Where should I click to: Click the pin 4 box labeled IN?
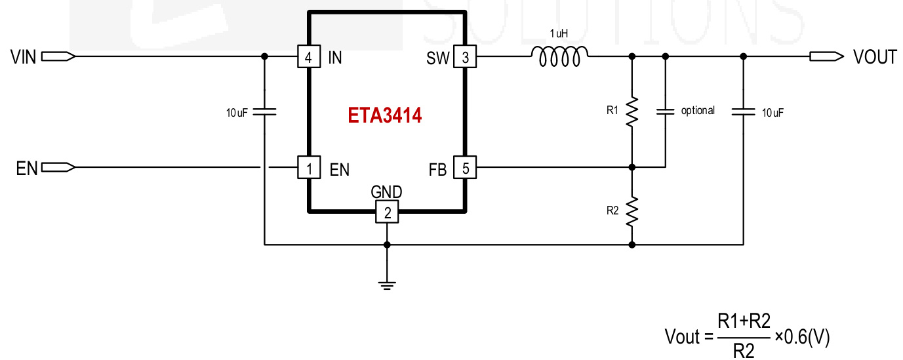(308, 57)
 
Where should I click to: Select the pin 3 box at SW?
(466, 57)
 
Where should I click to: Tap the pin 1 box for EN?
(308, 169)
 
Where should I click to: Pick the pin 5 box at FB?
(466, 169)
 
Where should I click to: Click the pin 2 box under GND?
(387, 212)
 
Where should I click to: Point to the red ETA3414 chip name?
(384, 116)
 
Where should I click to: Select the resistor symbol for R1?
(632, 112)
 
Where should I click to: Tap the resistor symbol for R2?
(632, 211)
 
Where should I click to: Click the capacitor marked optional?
(665, 111)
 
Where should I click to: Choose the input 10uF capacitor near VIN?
(264, 112)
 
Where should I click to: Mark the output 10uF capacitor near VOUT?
(743, 112)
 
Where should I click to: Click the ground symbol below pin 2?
(387, 283)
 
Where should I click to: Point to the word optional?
(698, 110)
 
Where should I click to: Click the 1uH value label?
(559, 33)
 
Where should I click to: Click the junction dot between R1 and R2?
(632, 168)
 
